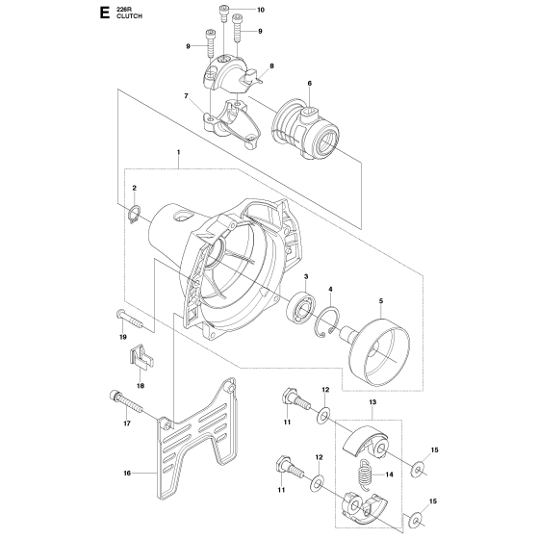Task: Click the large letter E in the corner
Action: (104, 13)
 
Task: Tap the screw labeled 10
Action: (224, 13)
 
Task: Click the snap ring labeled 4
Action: (326, 321)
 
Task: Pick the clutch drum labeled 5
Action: (375, 353)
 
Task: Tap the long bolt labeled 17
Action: (126, 401)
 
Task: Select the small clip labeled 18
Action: (141, 356)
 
